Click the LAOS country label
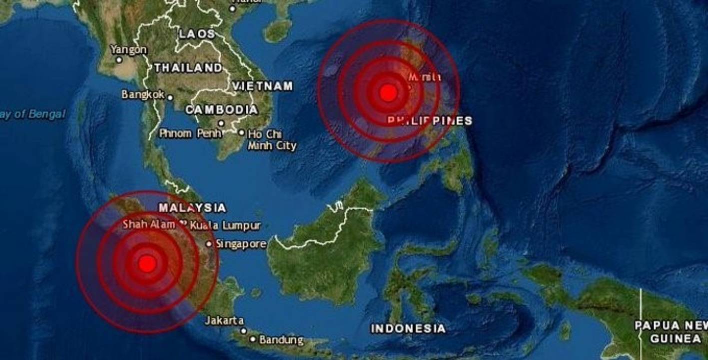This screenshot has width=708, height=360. [197, 34]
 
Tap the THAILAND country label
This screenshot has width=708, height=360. [188, 68]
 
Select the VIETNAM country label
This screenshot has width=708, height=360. [262, 86]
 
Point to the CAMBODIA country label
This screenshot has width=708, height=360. [222, 109]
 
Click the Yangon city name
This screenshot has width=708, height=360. [128, 49]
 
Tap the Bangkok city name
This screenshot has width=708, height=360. [143, 94]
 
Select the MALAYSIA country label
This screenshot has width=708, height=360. [192, 207]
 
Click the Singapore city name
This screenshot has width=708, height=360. [241, 244]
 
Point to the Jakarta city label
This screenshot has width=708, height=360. [224, 320]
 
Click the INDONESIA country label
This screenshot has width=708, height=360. [408, 328]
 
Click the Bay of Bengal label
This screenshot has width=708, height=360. [32, 114]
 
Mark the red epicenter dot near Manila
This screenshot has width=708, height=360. [388, 92]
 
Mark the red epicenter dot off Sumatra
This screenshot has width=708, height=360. [147, 263]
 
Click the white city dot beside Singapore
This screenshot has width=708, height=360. [209, 244]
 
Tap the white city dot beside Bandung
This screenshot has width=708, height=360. [253, 339]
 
